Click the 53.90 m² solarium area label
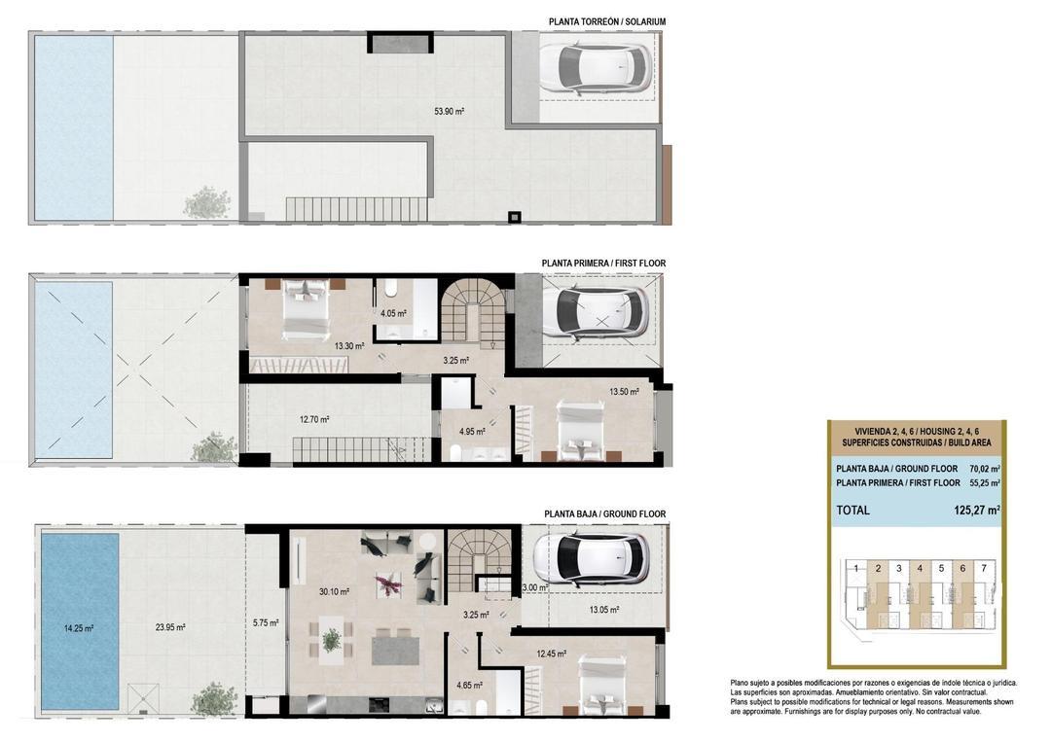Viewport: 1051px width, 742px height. tap(449, 112)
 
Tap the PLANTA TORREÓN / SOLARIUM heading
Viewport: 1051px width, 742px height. tap(607, 21)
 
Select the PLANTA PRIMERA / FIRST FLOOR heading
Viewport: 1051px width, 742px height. tap(603, 264)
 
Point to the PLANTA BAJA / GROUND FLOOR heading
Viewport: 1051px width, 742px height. tap(605, 513)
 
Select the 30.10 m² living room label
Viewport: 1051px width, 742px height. tap(334, 590)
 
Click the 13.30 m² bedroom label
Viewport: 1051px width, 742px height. tap(348, 345)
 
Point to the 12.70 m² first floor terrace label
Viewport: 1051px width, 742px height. tap(313, 420)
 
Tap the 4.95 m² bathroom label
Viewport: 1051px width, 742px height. tap(471, 431)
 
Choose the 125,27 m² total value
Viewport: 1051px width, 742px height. tap(977, 510)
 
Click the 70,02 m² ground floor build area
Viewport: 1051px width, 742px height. tap(985, 469)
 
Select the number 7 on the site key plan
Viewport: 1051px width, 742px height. tap(984, 568)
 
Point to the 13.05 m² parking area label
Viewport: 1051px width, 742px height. tap(604, 610)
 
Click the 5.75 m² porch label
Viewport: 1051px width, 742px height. tap(266, 623)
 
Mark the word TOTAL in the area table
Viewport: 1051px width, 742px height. tap(853, 510)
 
